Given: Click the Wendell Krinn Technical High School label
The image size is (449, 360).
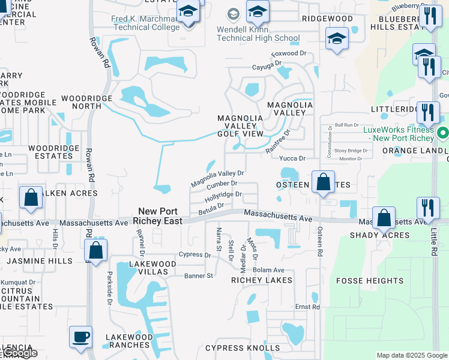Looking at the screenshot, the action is click(x=258, y=34).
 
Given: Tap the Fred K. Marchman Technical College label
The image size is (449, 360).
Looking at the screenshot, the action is click(x=146, y=23).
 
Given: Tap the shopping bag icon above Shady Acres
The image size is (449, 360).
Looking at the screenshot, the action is click(x=384, y=218).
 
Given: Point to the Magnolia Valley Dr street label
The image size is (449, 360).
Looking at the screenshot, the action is click(x=217, y=178).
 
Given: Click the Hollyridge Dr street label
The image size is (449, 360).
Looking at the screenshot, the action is click(x=223, y=196).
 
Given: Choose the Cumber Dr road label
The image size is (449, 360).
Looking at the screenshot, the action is click(x=222, y=184).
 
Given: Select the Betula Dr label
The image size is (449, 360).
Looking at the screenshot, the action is click(x=211, y=207).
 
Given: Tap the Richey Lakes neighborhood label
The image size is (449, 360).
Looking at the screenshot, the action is click(x=262, y=280).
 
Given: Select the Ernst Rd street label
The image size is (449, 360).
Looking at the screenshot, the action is click(x=307, y=307).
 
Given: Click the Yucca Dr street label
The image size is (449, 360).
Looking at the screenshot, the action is click(x=292, y=158).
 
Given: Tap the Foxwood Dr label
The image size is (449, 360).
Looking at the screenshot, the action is click(x=285, y=53).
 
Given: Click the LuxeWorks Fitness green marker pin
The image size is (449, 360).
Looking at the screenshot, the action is click(x=443, y=133).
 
